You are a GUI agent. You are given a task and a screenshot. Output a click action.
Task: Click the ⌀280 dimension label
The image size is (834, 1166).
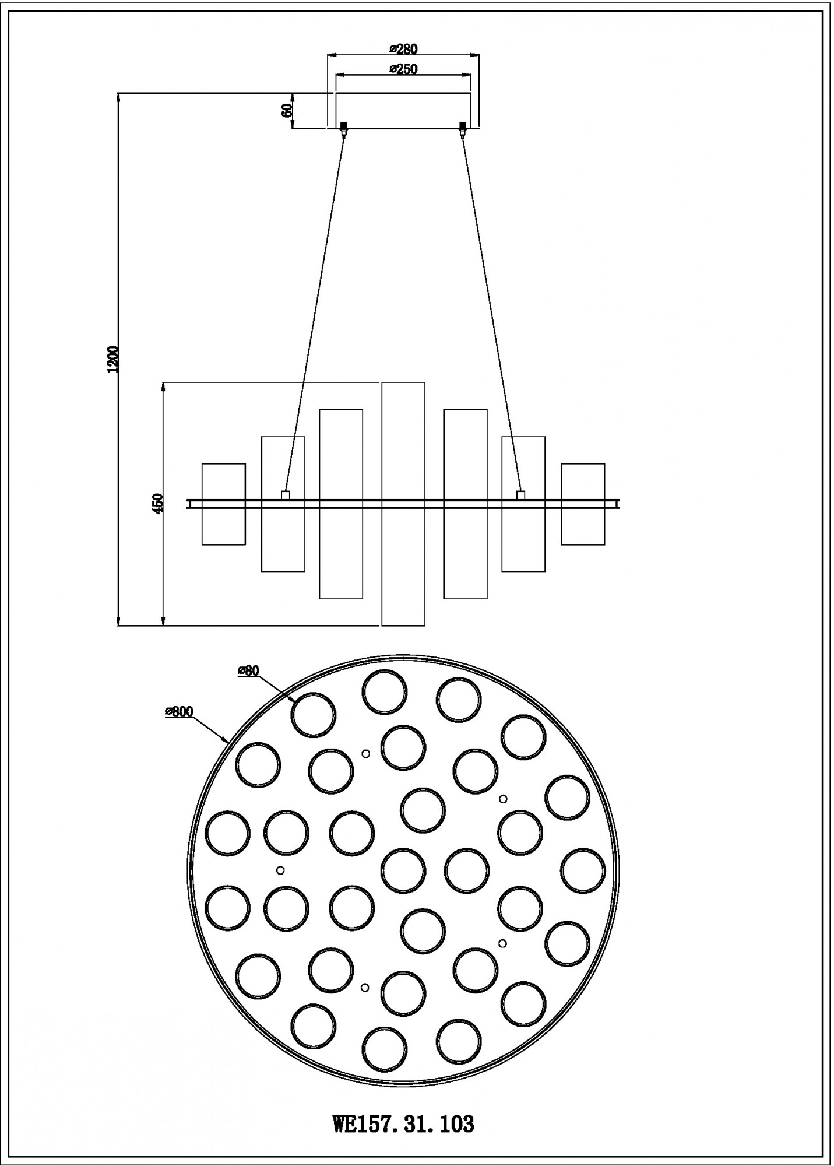point(403,49)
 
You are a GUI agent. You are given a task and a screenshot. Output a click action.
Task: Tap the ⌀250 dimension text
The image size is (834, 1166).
point(403,69)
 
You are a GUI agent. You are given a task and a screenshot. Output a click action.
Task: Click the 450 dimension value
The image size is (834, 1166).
point(157,503)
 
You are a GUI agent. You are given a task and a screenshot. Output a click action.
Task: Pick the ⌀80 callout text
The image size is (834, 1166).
point(248,671)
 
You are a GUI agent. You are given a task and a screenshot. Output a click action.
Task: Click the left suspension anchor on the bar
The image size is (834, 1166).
point(285,495)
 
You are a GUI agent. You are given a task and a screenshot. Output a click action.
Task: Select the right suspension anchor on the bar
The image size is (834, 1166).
point(521,495)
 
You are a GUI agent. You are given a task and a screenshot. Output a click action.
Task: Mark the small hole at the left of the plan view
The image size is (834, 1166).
point(280,870)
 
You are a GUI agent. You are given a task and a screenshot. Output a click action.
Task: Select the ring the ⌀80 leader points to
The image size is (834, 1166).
point(313,715)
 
